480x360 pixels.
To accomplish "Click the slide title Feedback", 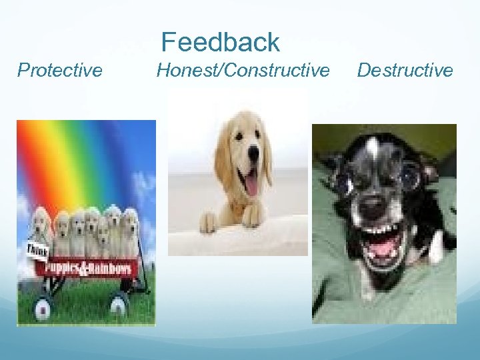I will click(220, 42).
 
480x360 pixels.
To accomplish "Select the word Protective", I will click(60, 70).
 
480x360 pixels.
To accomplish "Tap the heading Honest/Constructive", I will click(243, 70).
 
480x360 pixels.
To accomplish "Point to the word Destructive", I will click(405, 70).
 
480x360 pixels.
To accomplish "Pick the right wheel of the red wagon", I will click(119, 304).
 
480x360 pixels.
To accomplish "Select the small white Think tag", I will click(36, 251).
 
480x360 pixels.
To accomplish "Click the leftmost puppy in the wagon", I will click(41, 227).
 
